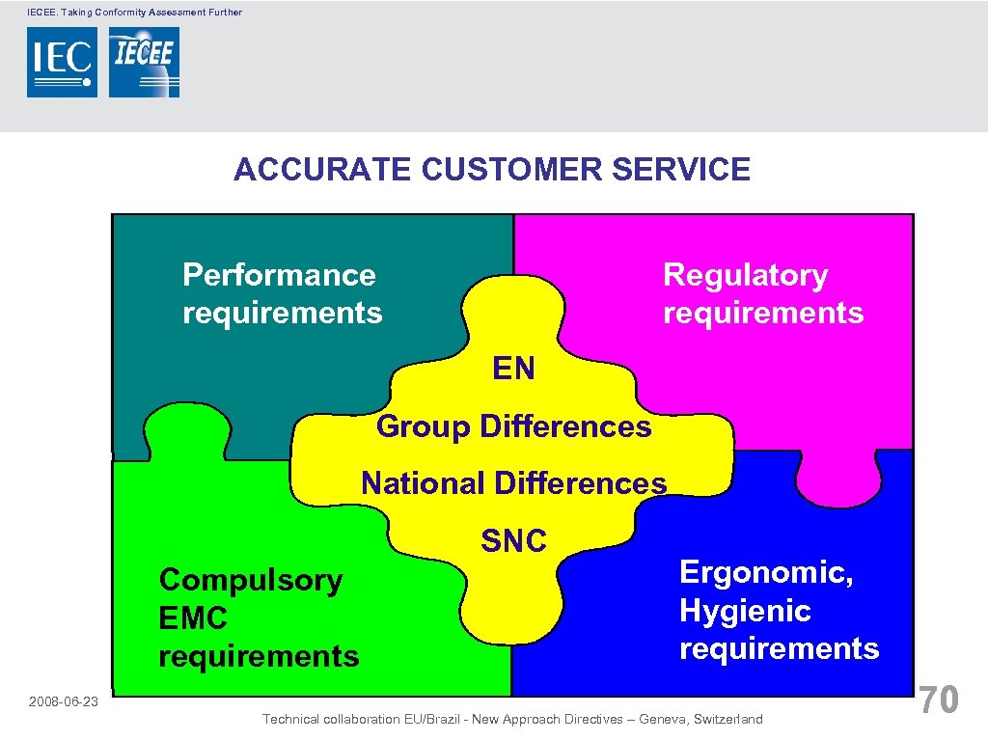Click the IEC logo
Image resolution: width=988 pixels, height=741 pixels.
[62, 62]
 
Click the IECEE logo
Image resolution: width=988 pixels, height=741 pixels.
[144, 62]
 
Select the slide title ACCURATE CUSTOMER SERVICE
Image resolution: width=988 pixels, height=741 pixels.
[492, 170]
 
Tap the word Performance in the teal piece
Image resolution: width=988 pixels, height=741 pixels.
[279, 275]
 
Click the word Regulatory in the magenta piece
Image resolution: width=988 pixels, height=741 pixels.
[745, 275]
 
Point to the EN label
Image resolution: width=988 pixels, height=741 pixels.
[513, 369]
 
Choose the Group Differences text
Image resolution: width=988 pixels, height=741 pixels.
[513, 425]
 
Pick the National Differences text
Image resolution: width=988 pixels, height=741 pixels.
[513, 482]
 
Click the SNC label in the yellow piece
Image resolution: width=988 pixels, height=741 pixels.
[513, 541]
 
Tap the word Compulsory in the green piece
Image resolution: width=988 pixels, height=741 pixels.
[250, 581]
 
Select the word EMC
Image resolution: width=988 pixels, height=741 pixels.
[192, 618]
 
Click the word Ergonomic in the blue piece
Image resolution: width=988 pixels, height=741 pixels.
[766, 572]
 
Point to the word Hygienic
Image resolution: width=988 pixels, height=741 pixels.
[745, 611]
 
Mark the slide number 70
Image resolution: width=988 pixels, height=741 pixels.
[939, 700]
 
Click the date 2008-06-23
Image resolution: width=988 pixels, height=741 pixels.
[63, 701]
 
